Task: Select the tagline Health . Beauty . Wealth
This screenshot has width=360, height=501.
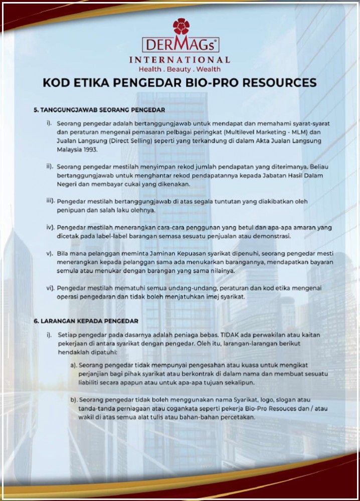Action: pos(180,69)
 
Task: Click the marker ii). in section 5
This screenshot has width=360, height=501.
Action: pos(50,166)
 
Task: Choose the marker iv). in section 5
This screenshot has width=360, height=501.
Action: pos(50,227)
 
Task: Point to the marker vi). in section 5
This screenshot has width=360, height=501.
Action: pos(50,288)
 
